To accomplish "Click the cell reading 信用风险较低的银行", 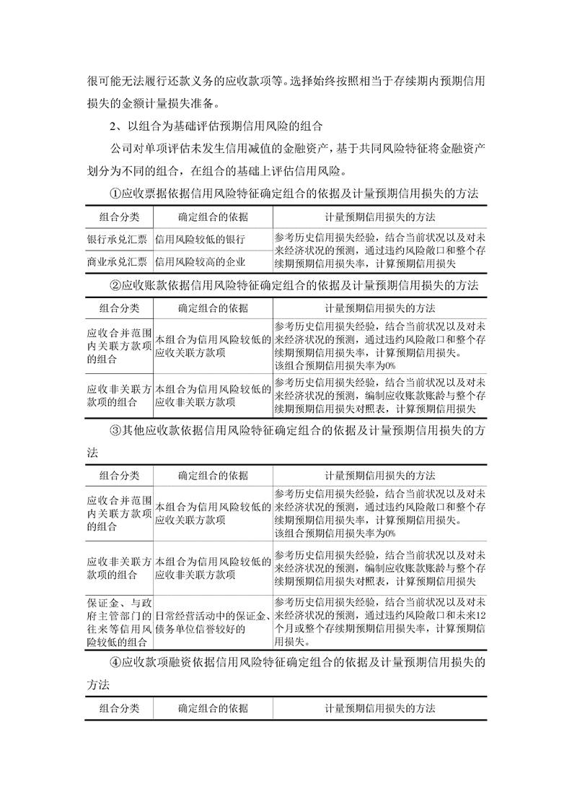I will pos(201,239).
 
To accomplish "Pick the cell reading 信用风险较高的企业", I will pos(201,261).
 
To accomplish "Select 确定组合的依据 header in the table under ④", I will pos(213,708).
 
